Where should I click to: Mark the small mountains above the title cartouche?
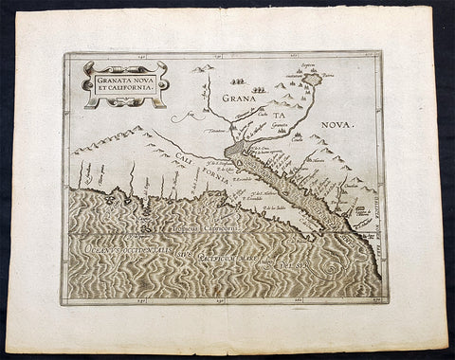coord(201,68)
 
